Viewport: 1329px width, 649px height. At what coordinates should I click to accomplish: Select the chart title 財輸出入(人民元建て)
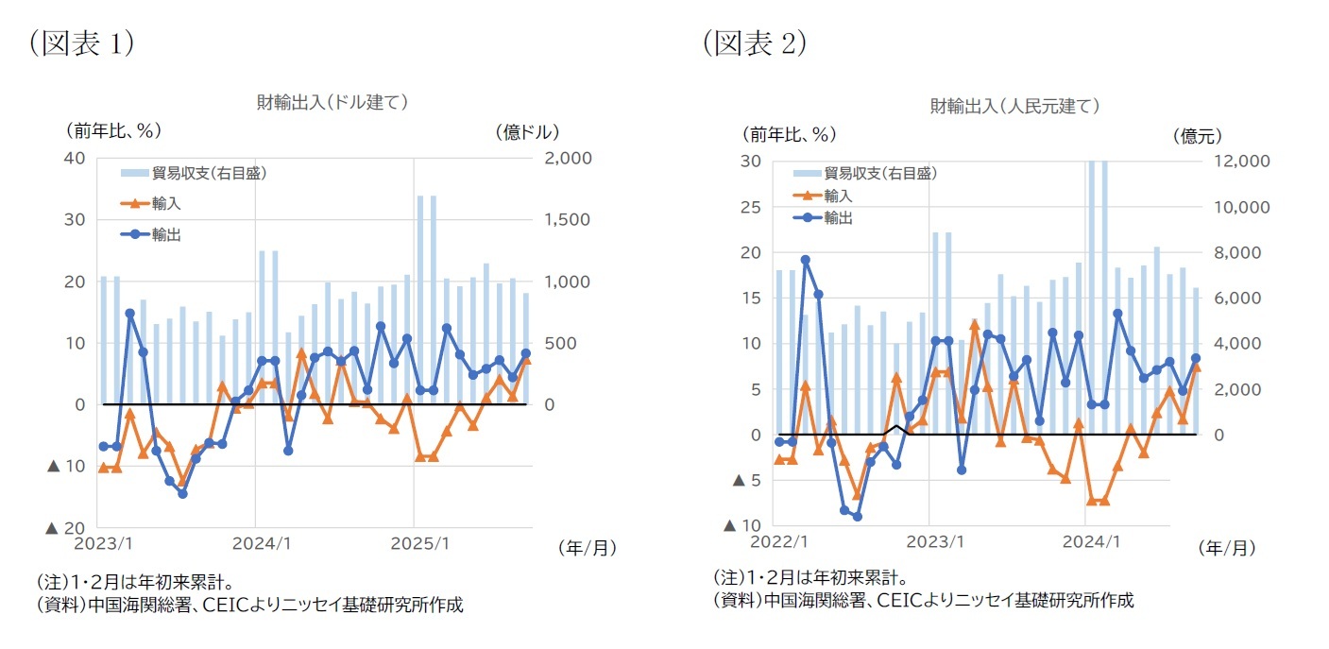pos(1014,106)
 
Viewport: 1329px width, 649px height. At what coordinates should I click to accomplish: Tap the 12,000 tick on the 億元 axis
pos(1241,162)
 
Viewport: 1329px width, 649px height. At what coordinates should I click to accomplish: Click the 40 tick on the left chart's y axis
pos(74,158)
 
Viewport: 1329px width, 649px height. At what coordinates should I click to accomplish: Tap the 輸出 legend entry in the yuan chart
pos(838,218)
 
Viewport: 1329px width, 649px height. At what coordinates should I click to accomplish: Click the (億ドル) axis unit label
pos(527,131)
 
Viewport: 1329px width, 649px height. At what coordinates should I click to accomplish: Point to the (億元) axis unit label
pos(1196,135)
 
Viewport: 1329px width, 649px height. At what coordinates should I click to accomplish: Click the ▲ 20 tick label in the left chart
pos(66,528)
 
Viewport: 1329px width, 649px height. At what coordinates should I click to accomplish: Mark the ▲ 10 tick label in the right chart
pos(741,525)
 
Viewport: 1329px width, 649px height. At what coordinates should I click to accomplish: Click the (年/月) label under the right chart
pos(1228,548)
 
